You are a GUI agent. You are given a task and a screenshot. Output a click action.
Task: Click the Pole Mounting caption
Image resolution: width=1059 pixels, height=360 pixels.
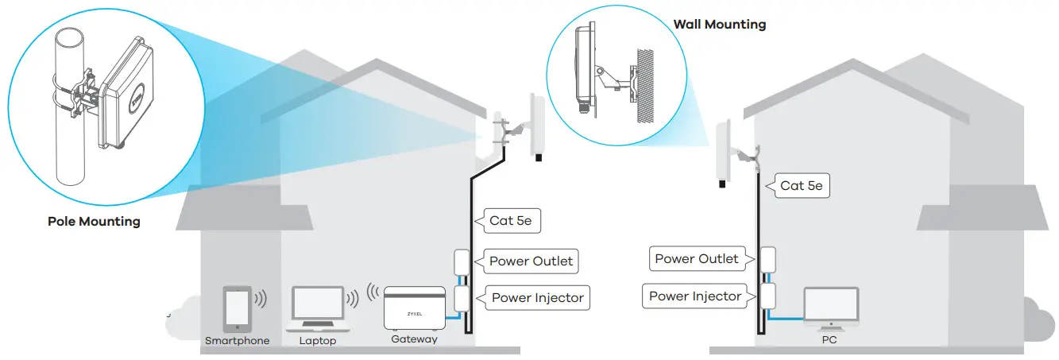point(94,221)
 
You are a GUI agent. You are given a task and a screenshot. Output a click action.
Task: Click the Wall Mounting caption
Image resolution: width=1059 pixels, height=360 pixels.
point(719,24)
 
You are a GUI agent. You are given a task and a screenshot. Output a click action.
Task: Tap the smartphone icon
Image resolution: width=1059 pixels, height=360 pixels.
point(238,308)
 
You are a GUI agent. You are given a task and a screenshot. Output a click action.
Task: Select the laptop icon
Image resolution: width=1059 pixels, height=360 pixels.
point(317,308)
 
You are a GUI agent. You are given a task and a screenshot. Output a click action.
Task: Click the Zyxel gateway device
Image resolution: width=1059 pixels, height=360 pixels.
point(414,308)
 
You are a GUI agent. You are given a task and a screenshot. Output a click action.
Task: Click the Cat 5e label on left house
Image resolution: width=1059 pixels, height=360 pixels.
point(511,220)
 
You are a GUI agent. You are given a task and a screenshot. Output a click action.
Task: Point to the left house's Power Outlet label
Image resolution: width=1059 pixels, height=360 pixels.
point(530,261)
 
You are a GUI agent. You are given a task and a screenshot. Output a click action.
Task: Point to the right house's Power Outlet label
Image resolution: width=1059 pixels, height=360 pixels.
point(696,258)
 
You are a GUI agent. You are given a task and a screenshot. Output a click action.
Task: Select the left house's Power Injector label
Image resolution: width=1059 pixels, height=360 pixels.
point(537,298)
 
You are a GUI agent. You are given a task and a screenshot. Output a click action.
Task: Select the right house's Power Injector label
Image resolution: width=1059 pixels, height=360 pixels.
point(694,296)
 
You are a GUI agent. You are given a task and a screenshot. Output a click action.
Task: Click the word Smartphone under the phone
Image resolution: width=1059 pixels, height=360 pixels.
point(238,340)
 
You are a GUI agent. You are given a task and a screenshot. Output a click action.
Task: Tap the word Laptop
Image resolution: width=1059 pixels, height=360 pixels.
point(317,340)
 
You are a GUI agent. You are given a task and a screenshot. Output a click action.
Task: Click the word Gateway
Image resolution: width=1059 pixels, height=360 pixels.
point(414,339)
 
